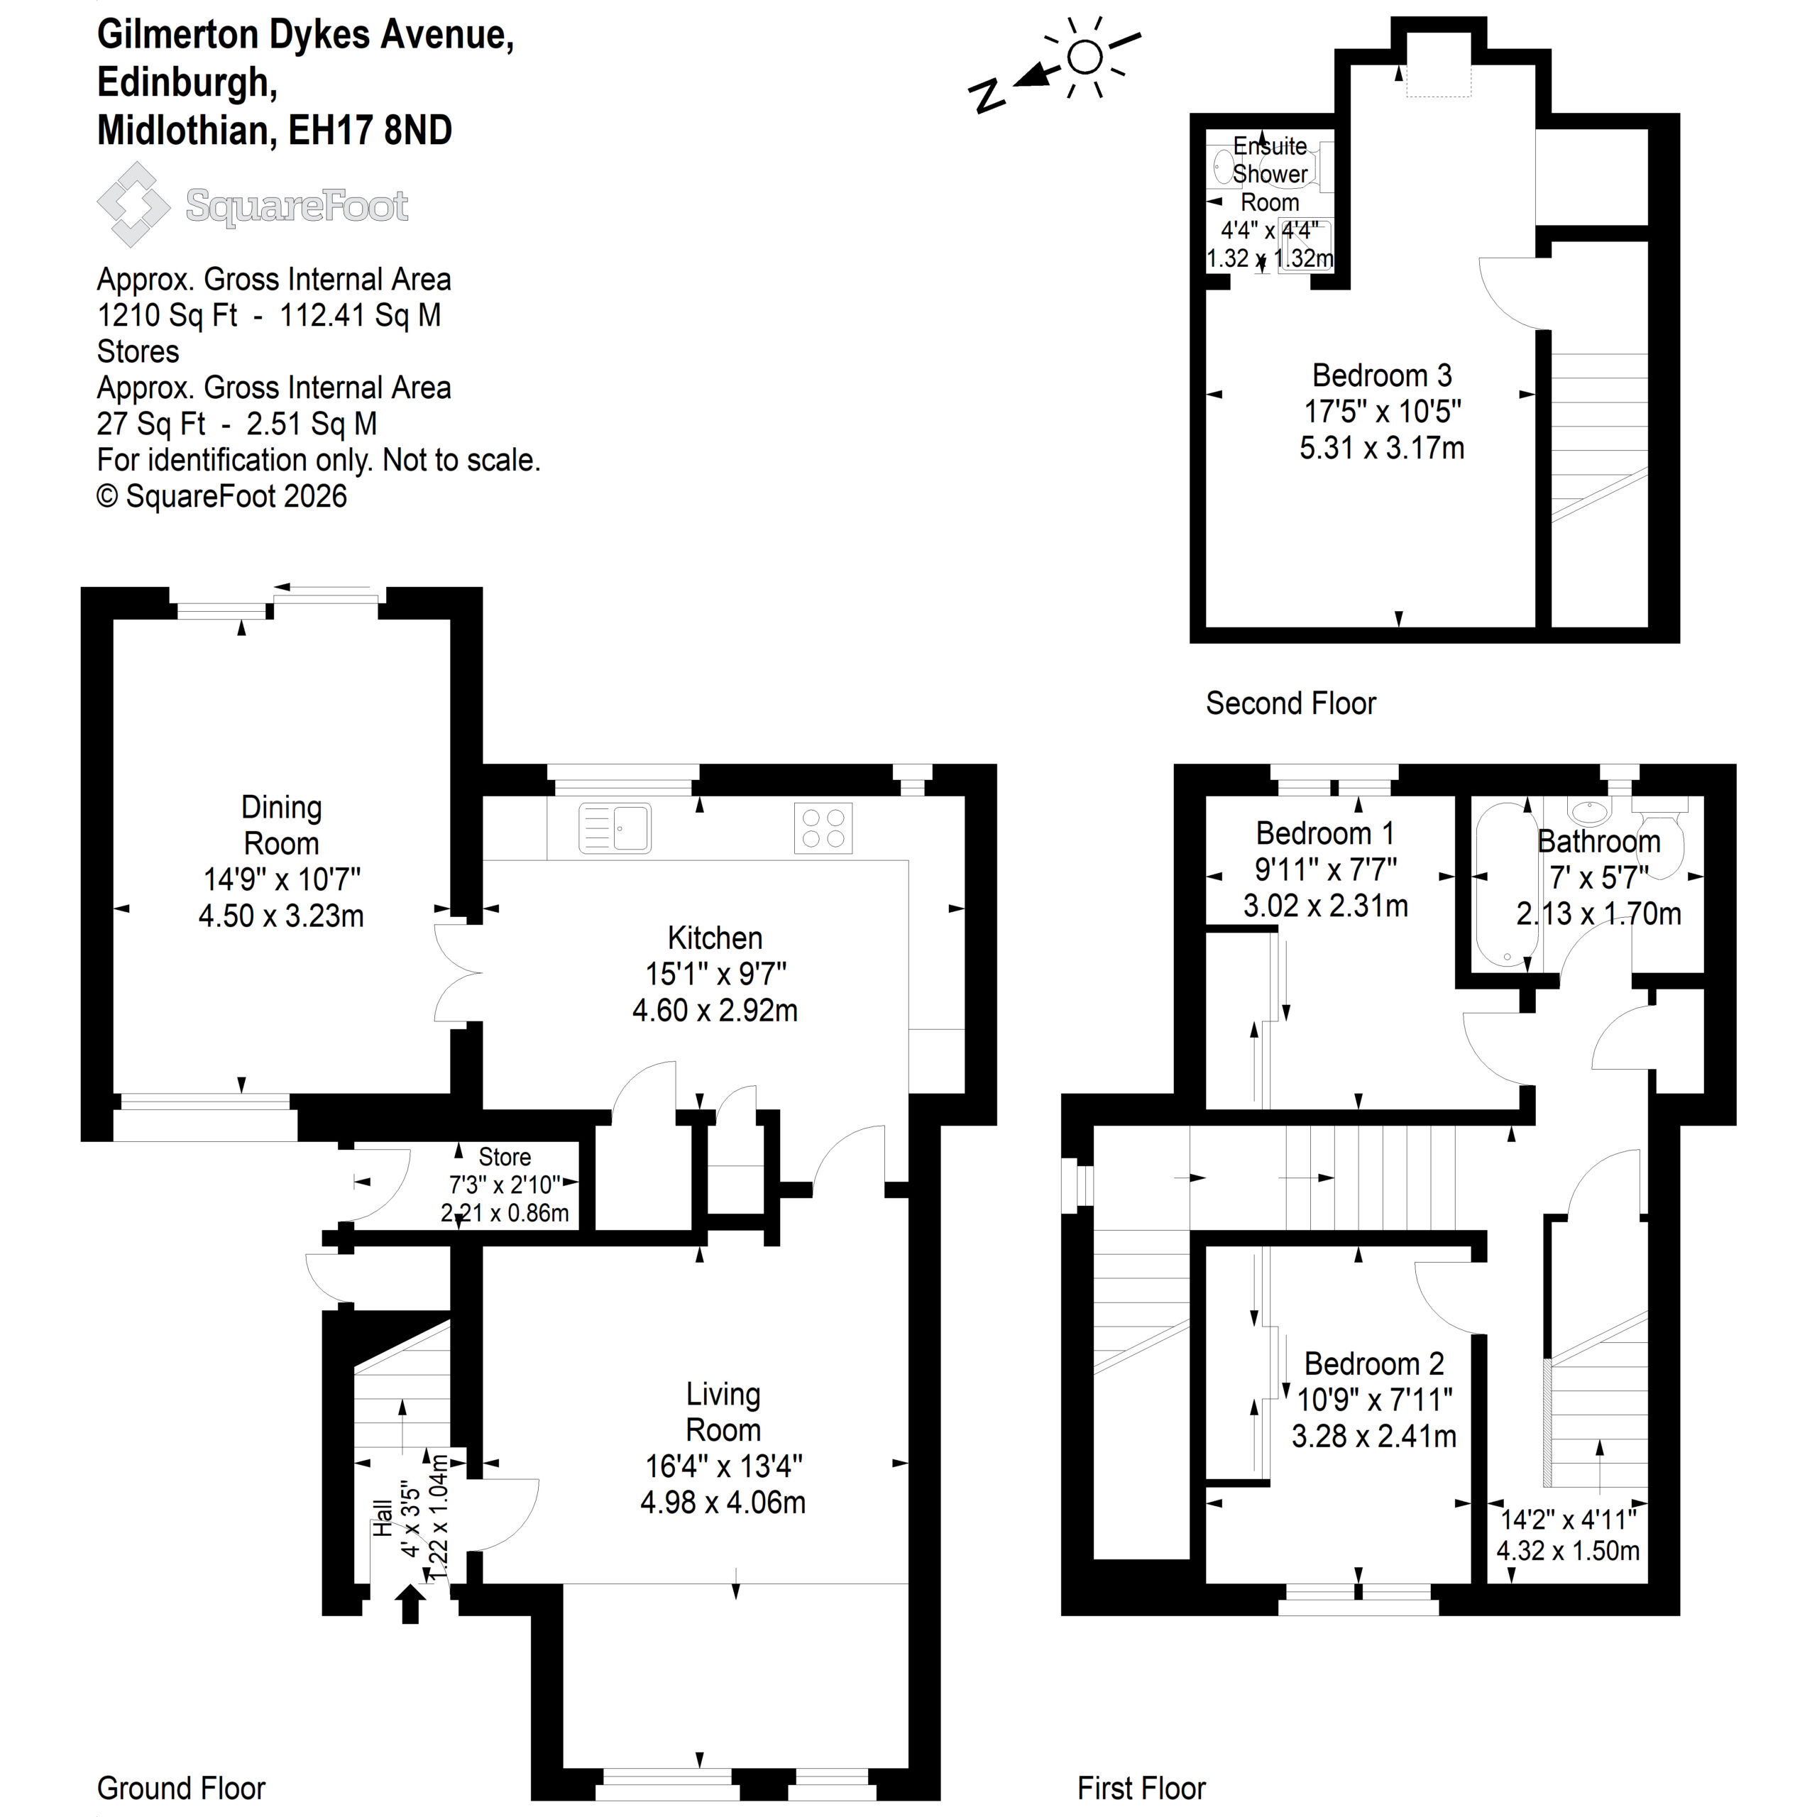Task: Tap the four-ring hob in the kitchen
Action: point(823,828)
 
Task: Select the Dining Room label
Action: point(281,825)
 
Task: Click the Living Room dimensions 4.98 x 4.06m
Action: point(723,1502)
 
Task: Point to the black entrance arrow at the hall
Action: point(410,1603)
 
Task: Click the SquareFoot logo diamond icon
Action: point(133,204)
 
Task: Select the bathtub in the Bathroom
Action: point(1505,885)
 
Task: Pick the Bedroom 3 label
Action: point(1382,375)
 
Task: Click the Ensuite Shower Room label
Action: point(1270,174)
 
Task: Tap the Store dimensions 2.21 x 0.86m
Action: point(505,1213)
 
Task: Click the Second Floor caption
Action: point(1290,703)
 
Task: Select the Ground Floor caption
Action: point(182,1787)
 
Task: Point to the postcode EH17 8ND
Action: point(370,130)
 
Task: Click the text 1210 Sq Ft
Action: point(168,315)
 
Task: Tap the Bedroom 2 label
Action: point(1374,1363)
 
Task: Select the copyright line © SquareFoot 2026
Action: point(222,495)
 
